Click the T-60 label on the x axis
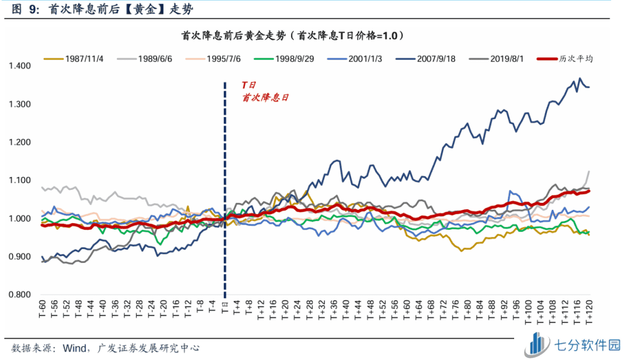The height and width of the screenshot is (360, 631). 43,309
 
